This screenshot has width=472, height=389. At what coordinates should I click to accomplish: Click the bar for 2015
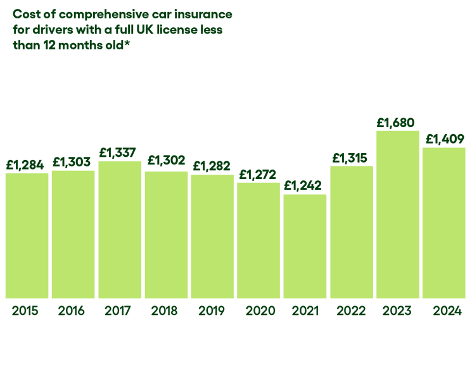27,235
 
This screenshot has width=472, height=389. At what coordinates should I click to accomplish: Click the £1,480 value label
398,121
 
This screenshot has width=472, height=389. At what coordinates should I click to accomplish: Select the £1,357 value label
119,153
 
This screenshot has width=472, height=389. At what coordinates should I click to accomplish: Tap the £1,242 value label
305,185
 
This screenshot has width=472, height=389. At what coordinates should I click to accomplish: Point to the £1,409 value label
445,139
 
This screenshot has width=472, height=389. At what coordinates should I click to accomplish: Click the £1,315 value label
352,157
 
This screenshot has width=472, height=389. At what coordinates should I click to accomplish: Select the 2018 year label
165,311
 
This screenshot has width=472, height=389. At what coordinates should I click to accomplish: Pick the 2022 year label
352,311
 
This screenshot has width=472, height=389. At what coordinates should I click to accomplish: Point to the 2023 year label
398,311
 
